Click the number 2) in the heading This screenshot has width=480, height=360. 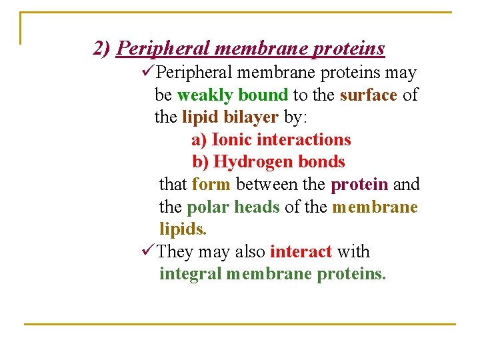(x=102, y=49)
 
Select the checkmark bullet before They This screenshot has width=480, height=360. (x=149, y=251)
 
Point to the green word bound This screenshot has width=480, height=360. (x=263, y=95)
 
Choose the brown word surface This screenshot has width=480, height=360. (x=368, y=95)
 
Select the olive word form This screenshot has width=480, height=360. (x=211, y=184)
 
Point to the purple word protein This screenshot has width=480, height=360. (x=359, y=184)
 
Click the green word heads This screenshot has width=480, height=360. (x=257, y=207)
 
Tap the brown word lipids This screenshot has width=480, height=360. (x=183, y=229)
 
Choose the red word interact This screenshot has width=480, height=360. (x=301, y=252)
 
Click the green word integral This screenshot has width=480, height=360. (x=190, y=274)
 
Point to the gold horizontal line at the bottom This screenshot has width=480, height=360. (x=240, y=324)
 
